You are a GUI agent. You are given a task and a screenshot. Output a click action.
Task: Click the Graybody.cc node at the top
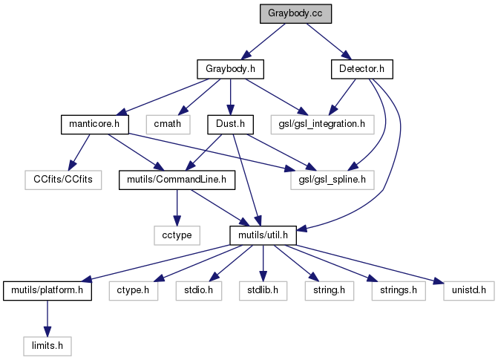(295, 13)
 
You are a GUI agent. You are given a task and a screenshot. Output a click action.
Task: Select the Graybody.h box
(231, 69)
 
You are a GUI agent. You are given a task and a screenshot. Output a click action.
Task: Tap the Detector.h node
(361, 69)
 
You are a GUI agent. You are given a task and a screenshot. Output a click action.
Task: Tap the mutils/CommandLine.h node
(177, 179)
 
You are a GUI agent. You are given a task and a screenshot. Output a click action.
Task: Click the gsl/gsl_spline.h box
(332, 179)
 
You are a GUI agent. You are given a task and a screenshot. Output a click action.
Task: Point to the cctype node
(177, 235)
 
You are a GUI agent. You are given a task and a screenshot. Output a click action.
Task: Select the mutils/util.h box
(262, 235)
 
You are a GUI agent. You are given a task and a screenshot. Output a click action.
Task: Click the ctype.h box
(134, 289)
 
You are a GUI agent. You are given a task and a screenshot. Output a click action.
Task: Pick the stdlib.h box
(262, 289)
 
